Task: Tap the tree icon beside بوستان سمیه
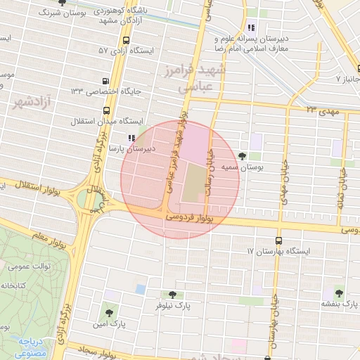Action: [243, 156]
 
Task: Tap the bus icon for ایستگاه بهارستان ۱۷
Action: [279, 240]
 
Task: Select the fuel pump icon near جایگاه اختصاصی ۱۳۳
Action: [105, 81]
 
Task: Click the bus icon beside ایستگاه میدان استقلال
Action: [106, 110]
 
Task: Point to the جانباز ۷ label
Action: [347, 79]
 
